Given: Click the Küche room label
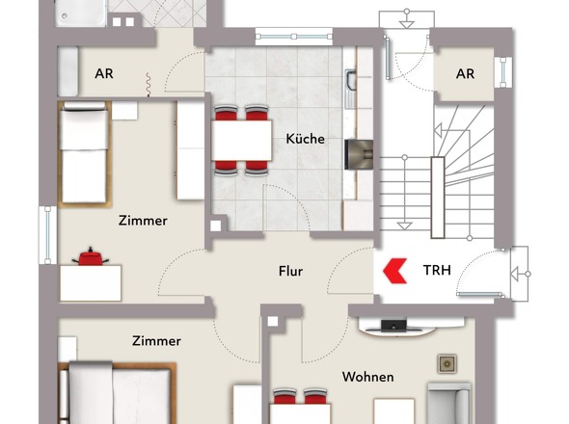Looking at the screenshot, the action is [x=305, y=139].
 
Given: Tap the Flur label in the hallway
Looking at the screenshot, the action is [x=290, y=271].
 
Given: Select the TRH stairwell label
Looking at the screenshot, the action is [x=437, y=270].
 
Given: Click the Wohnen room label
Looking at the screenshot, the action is [x=368, y=377].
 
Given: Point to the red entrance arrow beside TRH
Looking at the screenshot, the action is [x=394, y=271].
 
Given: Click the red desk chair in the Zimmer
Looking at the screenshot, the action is [x=90, y=256].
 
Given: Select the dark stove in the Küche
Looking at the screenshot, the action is [x=359, y=154].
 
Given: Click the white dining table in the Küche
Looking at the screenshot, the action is [x=242, y=141].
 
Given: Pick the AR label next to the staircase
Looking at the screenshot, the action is [x=465, y=74].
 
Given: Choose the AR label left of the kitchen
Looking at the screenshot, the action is [x=104, y=73].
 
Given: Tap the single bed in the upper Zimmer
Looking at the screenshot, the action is [x=85, y=154].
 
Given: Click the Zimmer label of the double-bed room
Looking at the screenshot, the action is [x=156, y=341].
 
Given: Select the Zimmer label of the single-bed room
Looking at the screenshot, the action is [x=143, y=221].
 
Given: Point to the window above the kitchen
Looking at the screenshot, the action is [x=293, y=37].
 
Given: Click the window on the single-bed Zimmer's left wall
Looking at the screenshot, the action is [x=47, y=235].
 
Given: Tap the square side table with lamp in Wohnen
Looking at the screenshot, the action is [x=447, y=364].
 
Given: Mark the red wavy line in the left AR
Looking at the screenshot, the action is [x=149, y=85].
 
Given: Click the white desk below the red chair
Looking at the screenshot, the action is [x=91, y=283].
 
